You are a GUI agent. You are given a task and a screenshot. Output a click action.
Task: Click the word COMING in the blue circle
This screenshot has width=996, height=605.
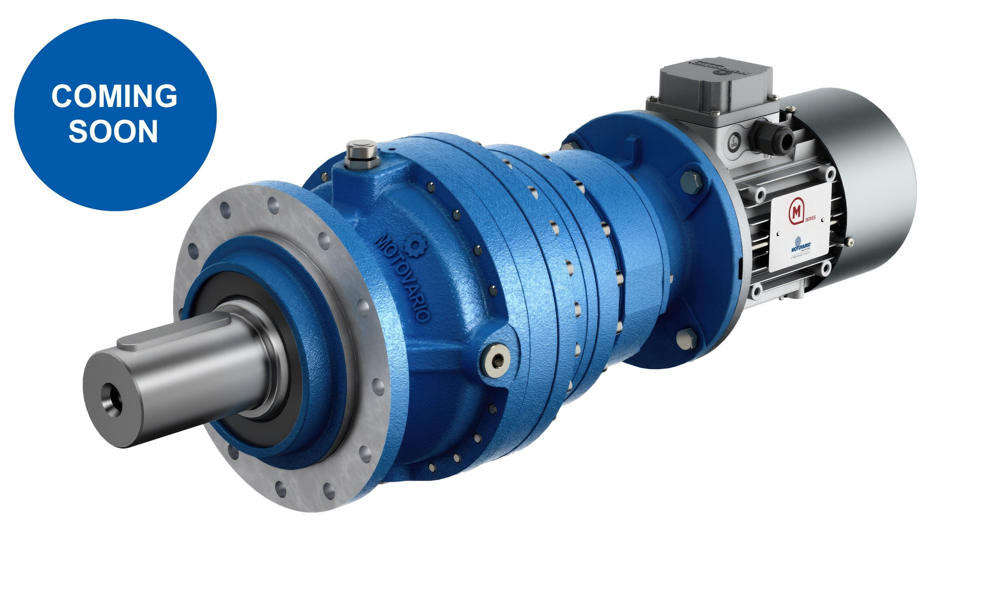click(114, 96)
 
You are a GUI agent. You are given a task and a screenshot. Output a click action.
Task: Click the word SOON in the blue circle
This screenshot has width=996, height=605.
click(113, 131)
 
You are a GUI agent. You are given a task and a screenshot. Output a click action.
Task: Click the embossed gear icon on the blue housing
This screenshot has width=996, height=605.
click(415, 244)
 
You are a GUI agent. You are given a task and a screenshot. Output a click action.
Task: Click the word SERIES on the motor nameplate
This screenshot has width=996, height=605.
click(810, 219)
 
